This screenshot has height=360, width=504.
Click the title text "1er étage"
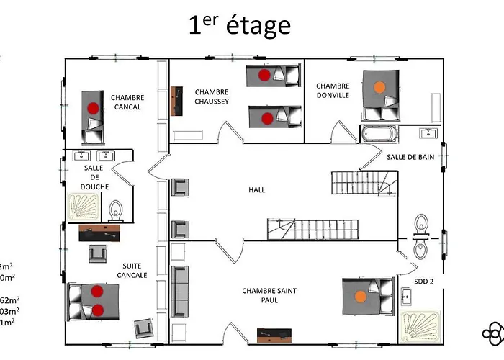[x=239, y=25]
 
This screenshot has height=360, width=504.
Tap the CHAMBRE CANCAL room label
[x=127, y=102]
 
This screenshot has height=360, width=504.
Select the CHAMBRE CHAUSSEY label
[x=212, y=96]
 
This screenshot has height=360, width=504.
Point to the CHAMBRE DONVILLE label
[x=333, y=91]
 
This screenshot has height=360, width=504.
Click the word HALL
[x=256, y=190]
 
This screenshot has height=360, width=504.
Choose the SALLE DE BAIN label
[x=410, y=157]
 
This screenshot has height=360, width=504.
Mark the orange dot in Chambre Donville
[x=379, y=87]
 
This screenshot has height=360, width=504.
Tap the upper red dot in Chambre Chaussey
[x=264, y=73]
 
